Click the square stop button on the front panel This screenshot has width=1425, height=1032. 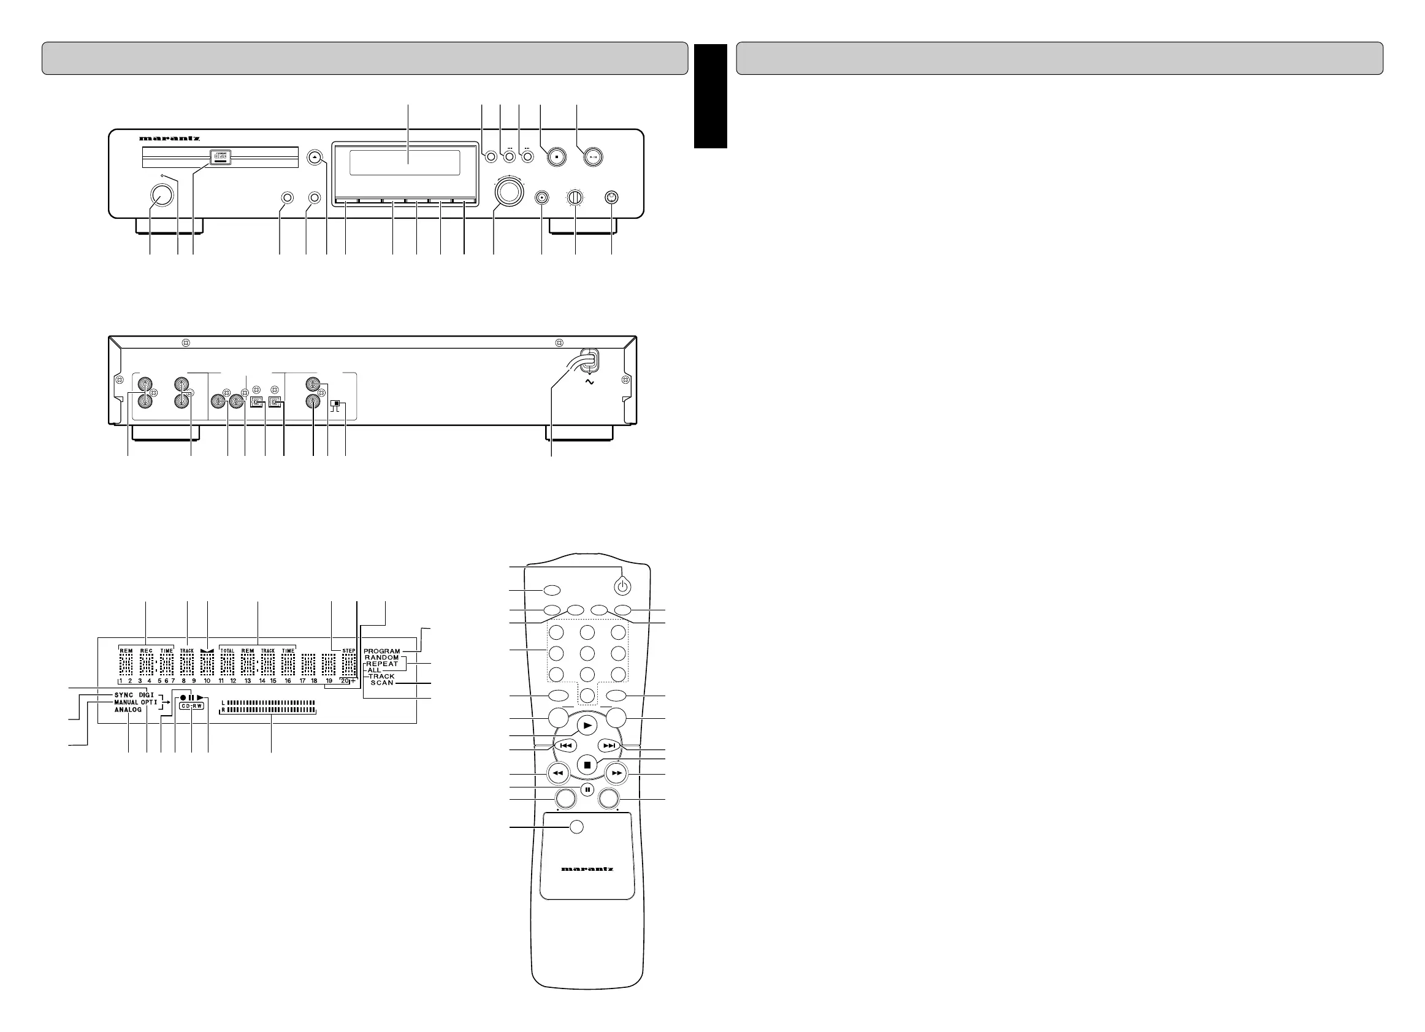pos(557,157)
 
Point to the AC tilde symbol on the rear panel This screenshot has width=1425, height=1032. pos(589,382)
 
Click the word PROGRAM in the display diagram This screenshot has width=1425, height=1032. pos(382,651)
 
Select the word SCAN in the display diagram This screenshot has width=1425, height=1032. pos(382,683)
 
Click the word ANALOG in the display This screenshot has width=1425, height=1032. pos(128,710)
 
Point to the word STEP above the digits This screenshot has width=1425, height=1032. pos(349,651)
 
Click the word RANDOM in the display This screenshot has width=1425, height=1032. pos(382,658)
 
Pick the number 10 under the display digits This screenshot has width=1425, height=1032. pos(207,681)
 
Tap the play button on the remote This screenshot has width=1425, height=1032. pos(587,726)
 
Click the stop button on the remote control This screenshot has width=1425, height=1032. pos(587,765)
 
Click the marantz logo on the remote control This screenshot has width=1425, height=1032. pos(587,870)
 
